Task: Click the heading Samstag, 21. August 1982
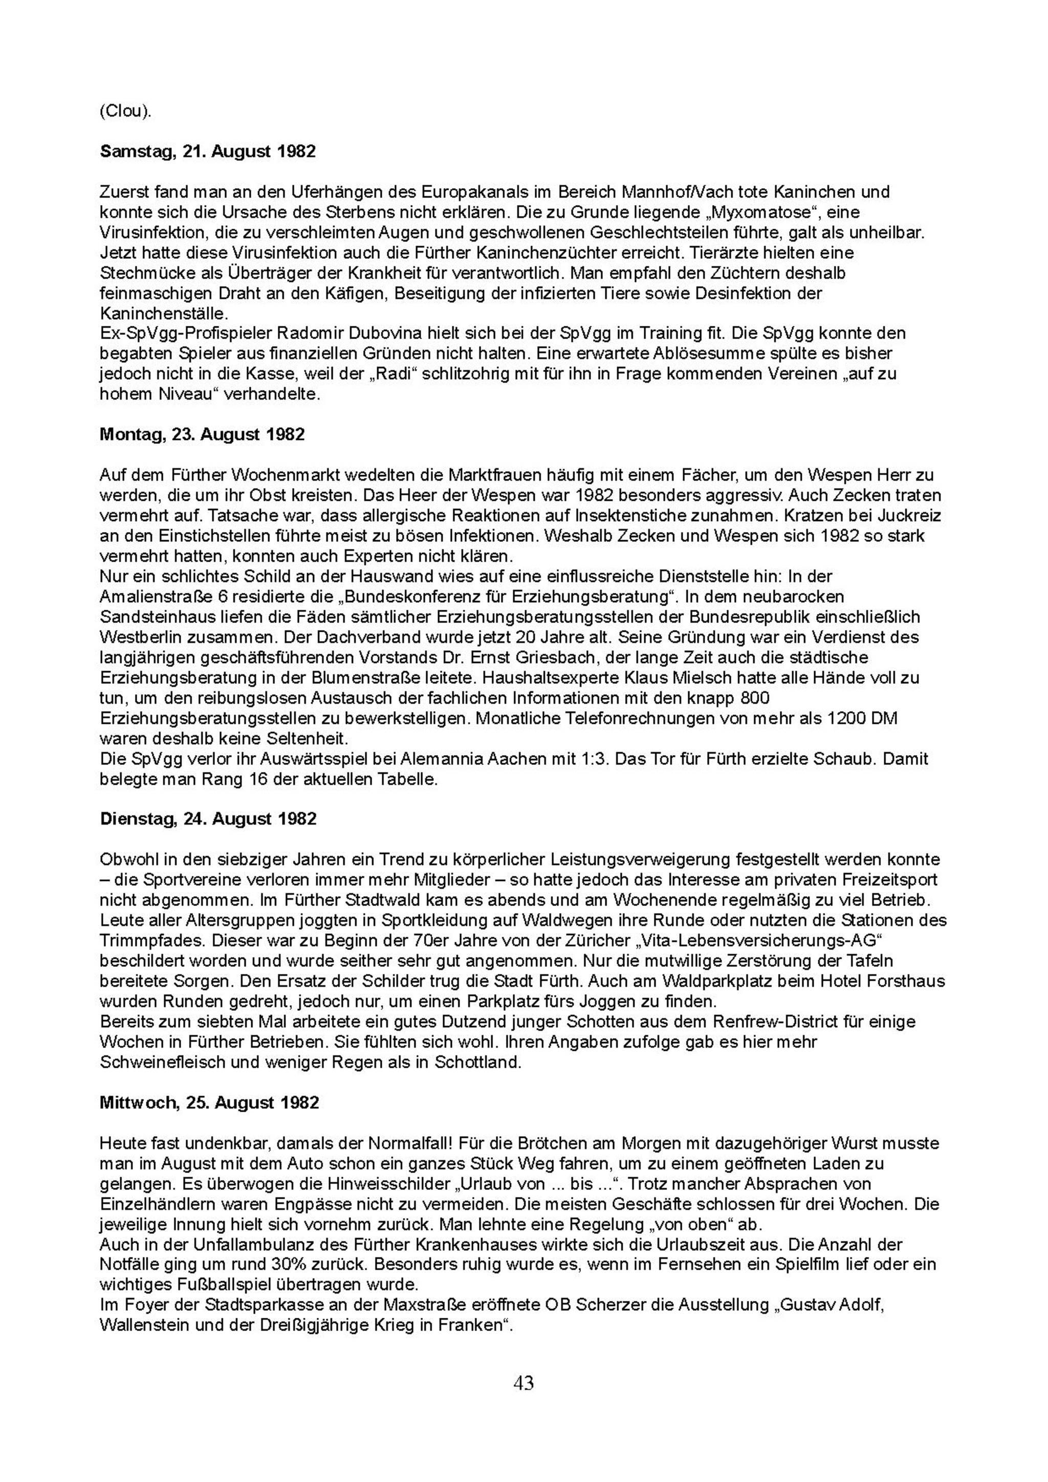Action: [208, 152]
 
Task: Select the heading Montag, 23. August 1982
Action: [202, 434]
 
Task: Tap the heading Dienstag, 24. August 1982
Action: [208, 819]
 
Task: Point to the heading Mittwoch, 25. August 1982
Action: [209, 1102]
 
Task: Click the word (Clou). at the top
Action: [125, 111]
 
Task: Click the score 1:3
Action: [592, 759]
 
